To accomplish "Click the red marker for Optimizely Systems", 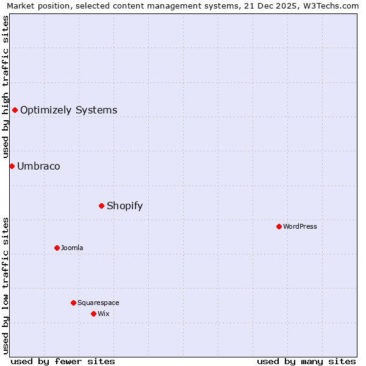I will pyautogui.click(x=15, y=110).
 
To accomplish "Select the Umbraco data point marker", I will pyautogui.click(x=12, y=166).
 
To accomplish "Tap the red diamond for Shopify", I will pyautogui.click(x=101, y=206).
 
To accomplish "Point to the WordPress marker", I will pyautogui.click(x=279, y=226).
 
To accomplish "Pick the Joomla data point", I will pyautogui.click(x=57, y=248).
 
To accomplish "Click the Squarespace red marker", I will pyautogui.click(x=73, y=303).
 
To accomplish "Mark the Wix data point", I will pyautogui.click(x=93, y=314).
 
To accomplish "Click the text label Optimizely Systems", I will pyautogui.click(x=68, y=110).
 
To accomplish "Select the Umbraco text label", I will pyautogui.click(x=38, y=167).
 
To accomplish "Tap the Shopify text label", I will pyautogui.click(x=124, y=206).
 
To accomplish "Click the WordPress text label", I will pyautogui.click(x=300, y=227).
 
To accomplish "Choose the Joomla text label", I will pyautogui.click(x=72, y=248).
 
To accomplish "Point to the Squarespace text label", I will pyautogui.click(x=98, y=303).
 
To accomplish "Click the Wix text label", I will pyautogui.click(x=103, y=314).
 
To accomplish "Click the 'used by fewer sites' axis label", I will pyautogui.click(x=63, y=361).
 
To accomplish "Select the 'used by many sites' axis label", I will pyautogui.click(x=306, y=361).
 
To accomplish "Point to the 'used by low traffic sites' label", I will pyautogui.click(x=5, y=285).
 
